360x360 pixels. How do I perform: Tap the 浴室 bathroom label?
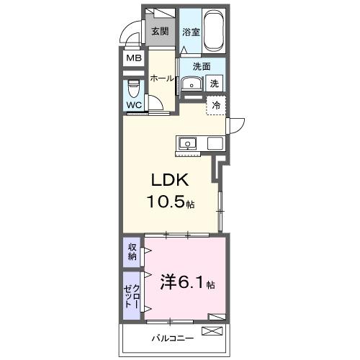click(191, 32)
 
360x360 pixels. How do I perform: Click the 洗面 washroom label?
click(202, 67)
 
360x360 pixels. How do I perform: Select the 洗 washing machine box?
click(215, 84)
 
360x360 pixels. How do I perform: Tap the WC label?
click(135, 105)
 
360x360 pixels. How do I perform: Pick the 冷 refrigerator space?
click(216, 106)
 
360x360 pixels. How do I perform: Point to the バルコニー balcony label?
click(169, 336)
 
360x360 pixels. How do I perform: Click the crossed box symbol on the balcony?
click(214, 332)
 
